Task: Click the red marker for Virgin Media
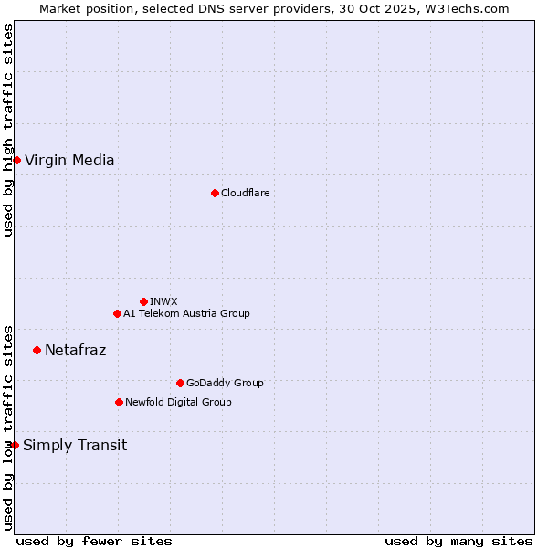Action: tap(16, 160)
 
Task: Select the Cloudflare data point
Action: tap(215, 193)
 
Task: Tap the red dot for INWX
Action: tap(143, 301)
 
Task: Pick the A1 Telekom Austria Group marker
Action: tap(117, 313)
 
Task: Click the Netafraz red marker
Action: tap(37, 350)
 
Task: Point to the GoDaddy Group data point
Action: tap(180, 383)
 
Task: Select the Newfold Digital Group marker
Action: tap(119, 402)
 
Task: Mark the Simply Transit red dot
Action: tap(15, 445)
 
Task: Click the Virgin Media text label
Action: tap(69, 161)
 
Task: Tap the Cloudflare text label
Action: tap(245, 193)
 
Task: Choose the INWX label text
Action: tap(163, 301)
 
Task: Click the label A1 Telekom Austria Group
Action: tap(186, 313)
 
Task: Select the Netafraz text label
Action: tap(75, 350)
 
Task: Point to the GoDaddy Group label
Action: tap(224, 383)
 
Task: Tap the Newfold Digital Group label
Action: tap(178, 402)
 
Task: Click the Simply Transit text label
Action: tap(75, 446)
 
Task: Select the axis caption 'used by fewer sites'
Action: tap(94, 541)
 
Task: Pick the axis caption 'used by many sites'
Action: tap(458, 541)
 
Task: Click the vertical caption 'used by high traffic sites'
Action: tap(8, 130)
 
